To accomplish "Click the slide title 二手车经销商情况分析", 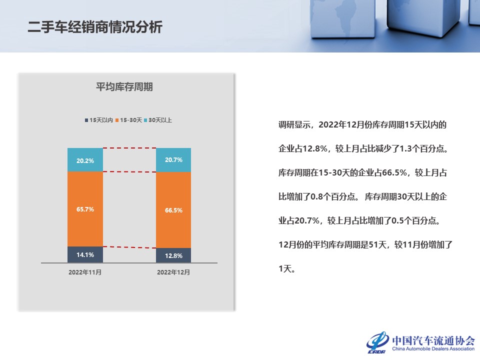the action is point(95,27).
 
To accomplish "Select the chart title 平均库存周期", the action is point(124,87).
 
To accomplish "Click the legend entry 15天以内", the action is point(99,120).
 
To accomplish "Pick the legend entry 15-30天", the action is point(128,120).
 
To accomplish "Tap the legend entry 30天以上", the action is point(157,120).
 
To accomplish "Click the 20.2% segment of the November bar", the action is point(85,160).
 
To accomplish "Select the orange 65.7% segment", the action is point(85,209).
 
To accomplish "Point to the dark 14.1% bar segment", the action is point(85,254).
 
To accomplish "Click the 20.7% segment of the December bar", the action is point(173,160).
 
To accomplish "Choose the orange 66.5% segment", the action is point(173,210).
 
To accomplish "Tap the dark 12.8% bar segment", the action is point(173,255).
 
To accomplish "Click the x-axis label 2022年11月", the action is point(85,272).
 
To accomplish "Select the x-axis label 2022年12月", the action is point(173,272).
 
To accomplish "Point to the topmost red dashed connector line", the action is point(129,148).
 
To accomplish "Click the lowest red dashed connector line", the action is point(129,247).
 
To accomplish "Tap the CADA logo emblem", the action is point(378,342).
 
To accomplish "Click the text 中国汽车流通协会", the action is point(433,340).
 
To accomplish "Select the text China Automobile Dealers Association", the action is point(433,348).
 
